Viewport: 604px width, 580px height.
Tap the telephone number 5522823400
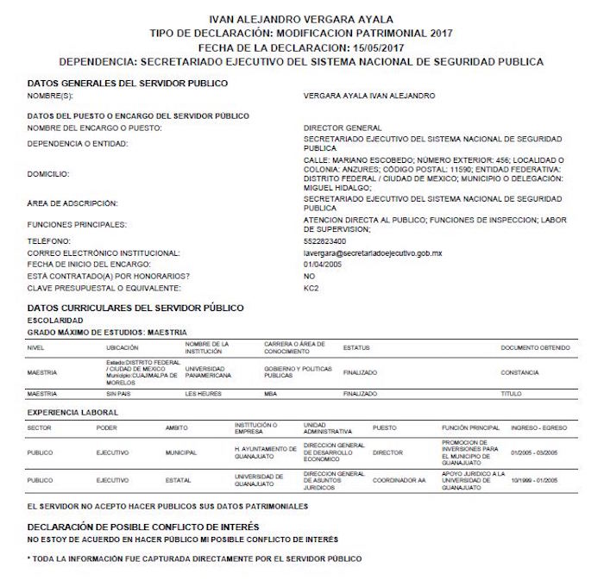pyautogui.click(x=326, y=242)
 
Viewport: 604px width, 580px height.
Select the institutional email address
pyautogui.click(x=374, y=253)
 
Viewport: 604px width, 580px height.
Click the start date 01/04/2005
pyautogui.click(x=324, y=264)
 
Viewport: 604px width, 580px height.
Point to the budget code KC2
pyautogui.click(x=311, y=286)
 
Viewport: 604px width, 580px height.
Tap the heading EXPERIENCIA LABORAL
pyautogui.click(x=73, y=413)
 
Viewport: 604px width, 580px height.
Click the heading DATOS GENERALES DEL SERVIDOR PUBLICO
pyautogui.click(x=128, y=83)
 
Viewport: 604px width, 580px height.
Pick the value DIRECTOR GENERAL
pyautogui.click(x=343, y=128)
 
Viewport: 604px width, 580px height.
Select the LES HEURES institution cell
pyautogui.click(x=204, y=394)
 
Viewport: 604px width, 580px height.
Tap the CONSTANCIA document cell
pyautogui.click(x=519, y=372)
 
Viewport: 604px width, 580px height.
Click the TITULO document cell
pyautogui.click(x=512, y=394)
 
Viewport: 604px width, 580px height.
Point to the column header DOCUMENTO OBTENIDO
pyautogui.click(x=535, y=347)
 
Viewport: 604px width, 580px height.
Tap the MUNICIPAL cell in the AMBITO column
pyautogui.click(x=181, y=452)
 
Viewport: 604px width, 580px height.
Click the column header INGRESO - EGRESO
pyautogui.click(x=538, y=427)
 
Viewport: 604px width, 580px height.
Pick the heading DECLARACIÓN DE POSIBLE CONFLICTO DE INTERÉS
pyautogui.click(x=143, y=525)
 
